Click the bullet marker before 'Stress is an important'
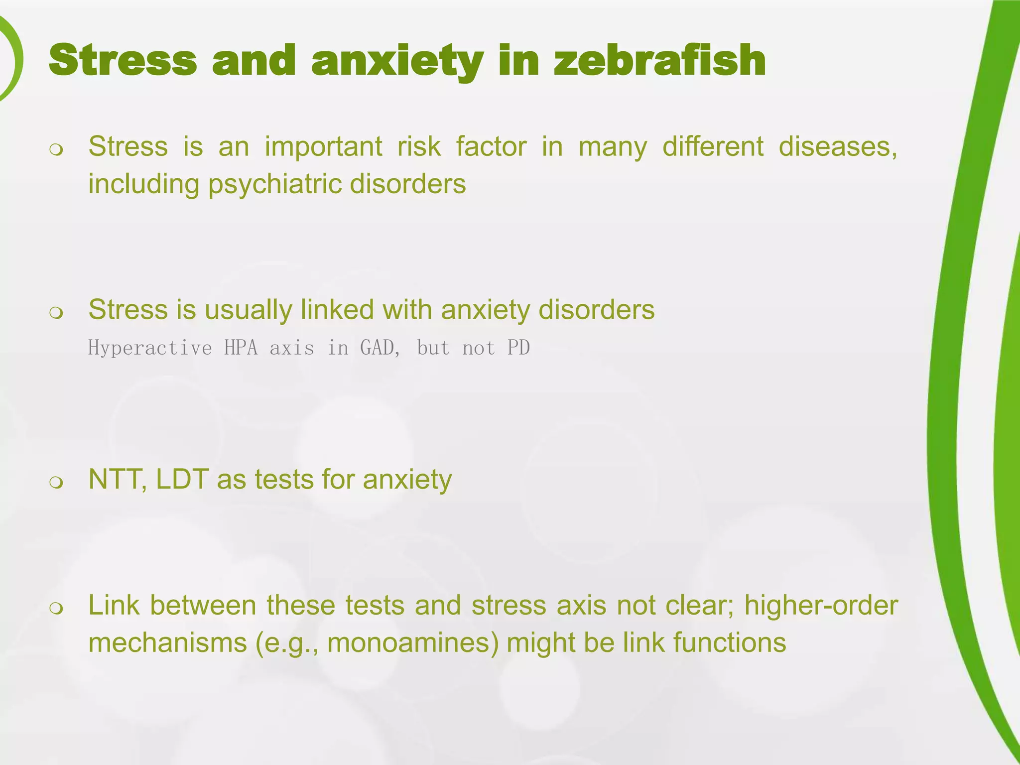coord(57,150)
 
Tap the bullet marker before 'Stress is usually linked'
coord(57,313)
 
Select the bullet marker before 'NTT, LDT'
coord(57,482)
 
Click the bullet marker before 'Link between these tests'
coord(57,608)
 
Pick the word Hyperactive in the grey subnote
coord(150,348)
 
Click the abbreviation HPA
coord(241,348)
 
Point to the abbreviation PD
coord(518,348)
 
